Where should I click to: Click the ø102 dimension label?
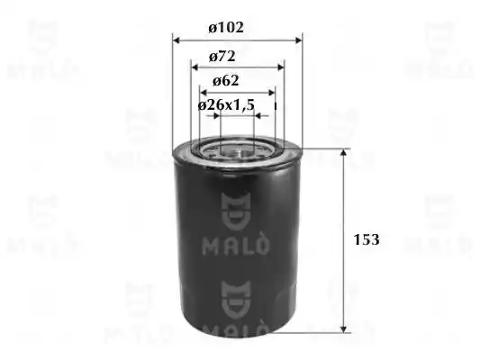[x=226, y=27]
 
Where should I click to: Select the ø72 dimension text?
[x=222, y=57]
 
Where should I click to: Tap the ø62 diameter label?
[x=226, y=81]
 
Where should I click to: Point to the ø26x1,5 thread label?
[x=226, y=105]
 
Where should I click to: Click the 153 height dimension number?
[x=367, y=239]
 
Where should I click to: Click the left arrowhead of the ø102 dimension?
[x=176, y=40]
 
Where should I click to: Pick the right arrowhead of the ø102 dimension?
[x=298, y=40]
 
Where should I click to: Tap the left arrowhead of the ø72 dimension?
[x=195, y=67]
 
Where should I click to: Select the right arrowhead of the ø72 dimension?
[x=281, y=67]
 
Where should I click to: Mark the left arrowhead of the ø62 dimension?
[x=204, y=93]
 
